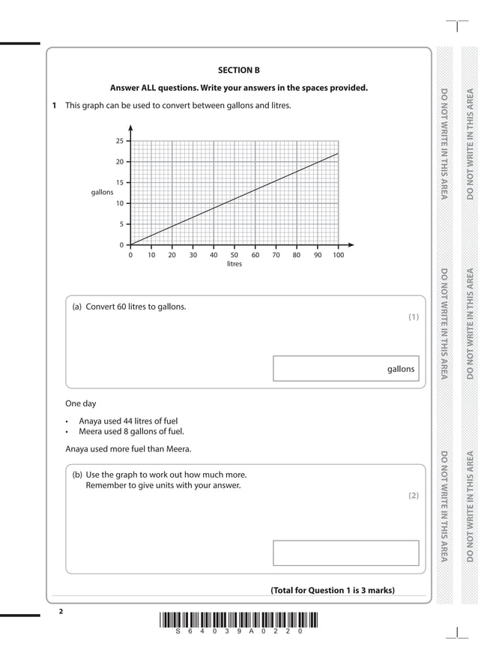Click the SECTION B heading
tap(238, 70)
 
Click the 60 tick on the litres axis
tap(255, 255)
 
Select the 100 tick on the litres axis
tap(338, 255)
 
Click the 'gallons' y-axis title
tap(102, 193)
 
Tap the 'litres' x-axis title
tap(235, 264)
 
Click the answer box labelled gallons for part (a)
tap(345, 369)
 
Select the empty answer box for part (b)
tap(345, 553)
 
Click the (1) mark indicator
tap(413, 317)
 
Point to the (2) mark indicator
tap(413, 496)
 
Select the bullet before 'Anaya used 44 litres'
tap(68, 421)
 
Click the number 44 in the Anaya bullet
tap(132, 421)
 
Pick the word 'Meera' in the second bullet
tap(91, 431)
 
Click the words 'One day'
tap(80, 403)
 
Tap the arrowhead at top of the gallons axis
tap(130, 127)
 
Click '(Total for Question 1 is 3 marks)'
tap(332, 590)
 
